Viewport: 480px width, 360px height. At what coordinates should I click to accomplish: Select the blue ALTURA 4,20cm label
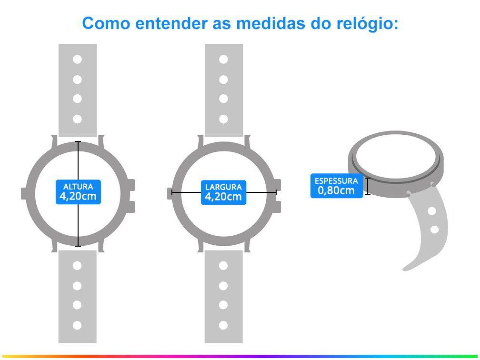[x=79, y=191]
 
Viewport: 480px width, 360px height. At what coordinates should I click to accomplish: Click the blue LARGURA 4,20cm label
[x=224, y=192]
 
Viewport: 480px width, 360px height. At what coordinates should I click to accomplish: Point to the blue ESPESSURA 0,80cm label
[x=336, y=186]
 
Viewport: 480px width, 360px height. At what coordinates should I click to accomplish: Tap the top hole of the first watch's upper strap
[x=78, y=60]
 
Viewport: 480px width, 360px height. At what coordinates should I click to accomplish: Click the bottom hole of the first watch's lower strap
[x=78, y=326]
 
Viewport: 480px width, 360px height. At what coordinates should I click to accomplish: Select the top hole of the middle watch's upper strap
[x=224, y=60]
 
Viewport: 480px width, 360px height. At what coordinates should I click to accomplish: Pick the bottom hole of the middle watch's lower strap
[x=224, y=326]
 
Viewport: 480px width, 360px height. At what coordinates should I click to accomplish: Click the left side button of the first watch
[x=25, y=193]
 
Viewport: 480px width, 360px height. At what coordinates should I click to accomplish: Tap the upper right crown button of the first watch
[x=131, y=185]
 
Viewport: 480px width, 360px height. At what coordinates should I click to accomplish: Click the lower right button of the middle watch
[x=278, y=207]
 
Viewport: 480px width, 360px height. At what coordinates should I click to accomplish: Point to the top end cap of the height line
[x=78, y=142]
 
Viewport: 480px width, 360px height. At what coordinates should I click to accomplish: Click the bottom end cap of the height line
[x=78, y=246]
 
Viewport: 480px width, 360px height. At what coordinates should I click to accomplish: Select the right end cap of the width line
[x=276, y=192]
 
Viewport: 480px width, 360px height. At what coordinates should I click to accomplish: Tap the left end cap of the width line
[x=171, y=192]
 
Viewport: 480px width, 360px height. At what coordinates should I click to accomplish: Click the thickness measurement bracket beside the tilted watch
[x=368, y=186]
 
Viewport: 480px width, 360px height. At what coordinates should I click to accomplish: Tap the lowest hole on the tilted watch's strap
[x=434, y=230]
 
